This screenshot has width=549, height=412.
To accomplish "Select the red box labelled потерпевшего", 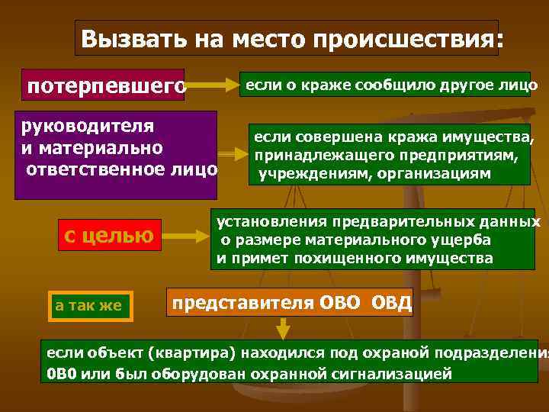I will [106, 85].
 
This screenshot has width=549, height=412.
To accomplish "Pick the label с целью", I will [108, 235].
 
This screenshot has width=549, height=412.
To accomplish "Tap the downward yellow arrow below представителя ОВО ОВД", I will [282, 328].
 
